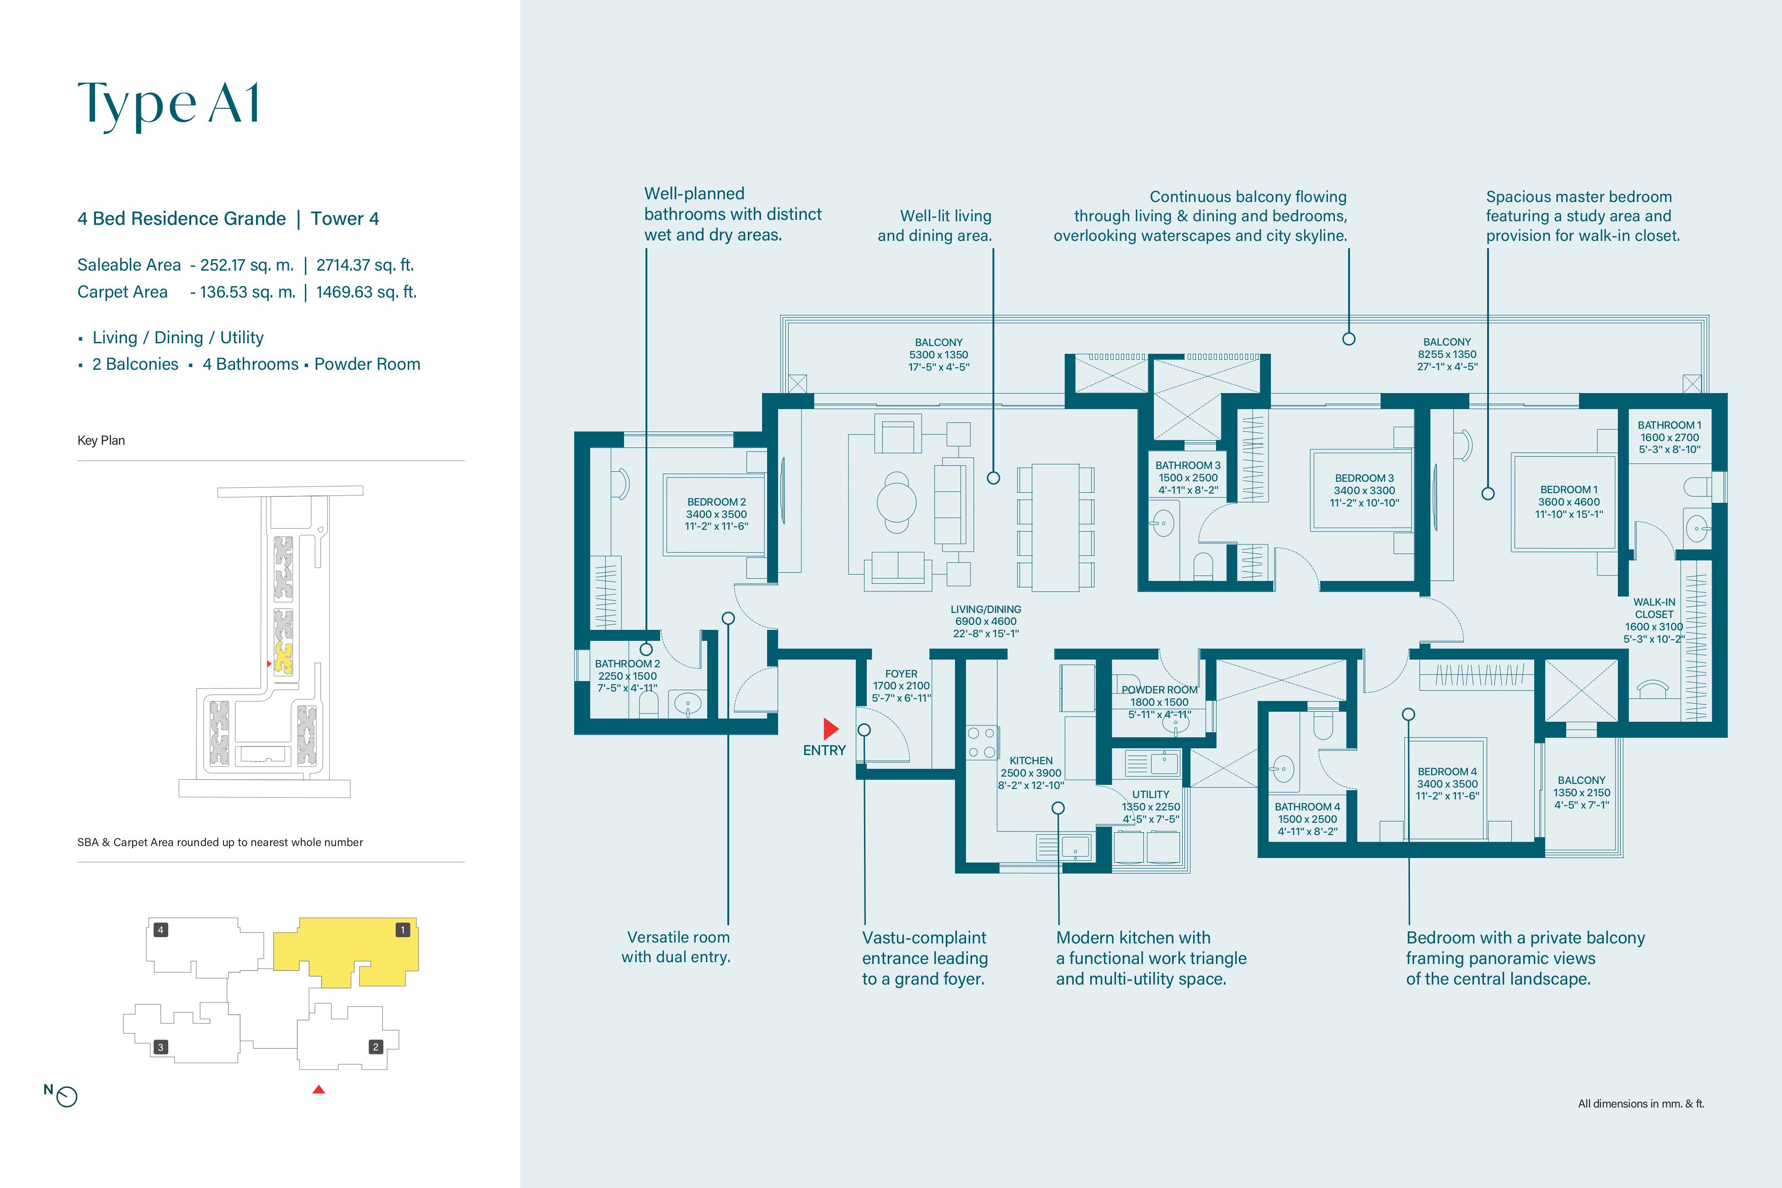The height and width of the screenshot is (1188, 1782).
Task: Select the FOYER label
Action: pyautogui.click(x=901, y=674)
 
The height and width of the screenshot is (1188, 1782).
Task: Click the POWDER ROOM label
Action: pyautogui.click(x=1159, y=689)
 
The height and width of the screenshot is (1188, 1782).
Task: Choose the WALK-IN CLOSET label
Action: pyautogui.click(x=1654, y=608)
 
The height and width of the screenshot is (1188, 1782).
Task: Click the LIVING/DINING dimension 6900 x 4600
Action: pyautogui.click(x=986, y=621)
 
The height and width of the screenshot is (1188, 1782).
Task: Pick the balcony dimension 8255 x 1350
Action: pyautogui.click(x=1447, y=354)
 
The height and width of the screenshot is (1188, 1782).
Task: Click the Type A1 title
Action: pyautogui.click(x=169, y=104)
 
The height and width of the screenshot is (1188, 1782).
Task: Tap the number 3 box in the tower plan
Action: pyautogui.click(x=160, y=1047)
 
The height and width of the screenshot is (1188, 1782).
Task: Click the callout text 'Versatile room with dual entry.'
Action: pyautogui.click(x=677, y=947)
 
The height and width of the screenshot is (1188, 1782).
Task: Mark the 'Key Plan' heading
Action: pyautogui.click(x=101, y=440)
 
